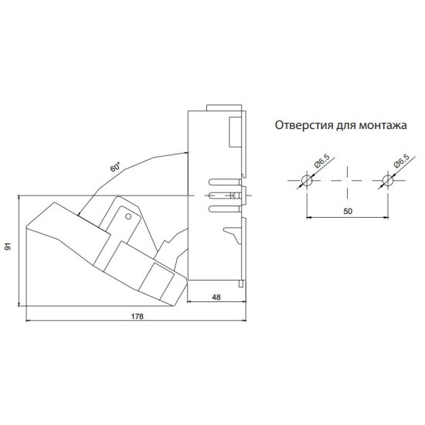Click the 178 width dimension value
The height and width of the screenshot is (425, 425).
[137, 316]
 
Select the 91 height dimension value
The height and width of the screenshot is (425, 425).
[8, 246]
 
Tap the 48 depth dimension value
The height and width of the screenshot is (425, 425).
[216, 297]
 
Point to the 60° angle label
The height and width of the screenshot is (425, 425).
[115, 166]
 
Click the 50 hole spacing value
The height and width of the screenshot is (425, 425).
[348, 211]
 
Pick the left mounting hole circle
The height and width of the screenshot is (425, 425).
[307, 180]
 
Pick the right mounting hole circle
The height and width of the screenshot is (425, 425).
[388, 180]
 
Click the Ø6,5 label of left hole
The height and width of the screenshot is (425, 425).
[321, 161]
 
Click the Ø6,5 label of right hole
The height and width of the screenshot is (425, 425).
[401, 161]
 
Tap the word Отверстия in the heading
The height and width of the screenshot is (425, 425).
[304, 126]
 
